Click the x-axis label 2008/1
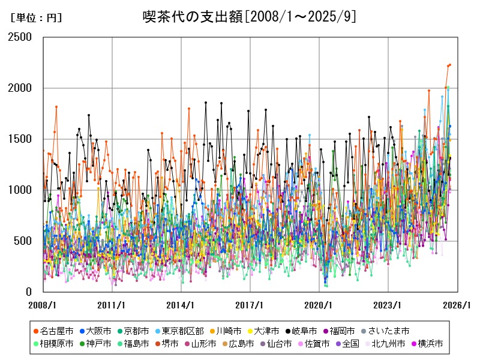coord(43,305)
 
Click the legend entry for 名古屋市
coord(57,331)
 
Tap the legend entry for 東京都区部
coord(182,331)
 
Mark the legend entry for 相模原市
coord(57,344)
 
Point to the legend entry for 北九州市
coord(388,344)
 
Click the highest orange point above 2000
coord(449,65)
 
